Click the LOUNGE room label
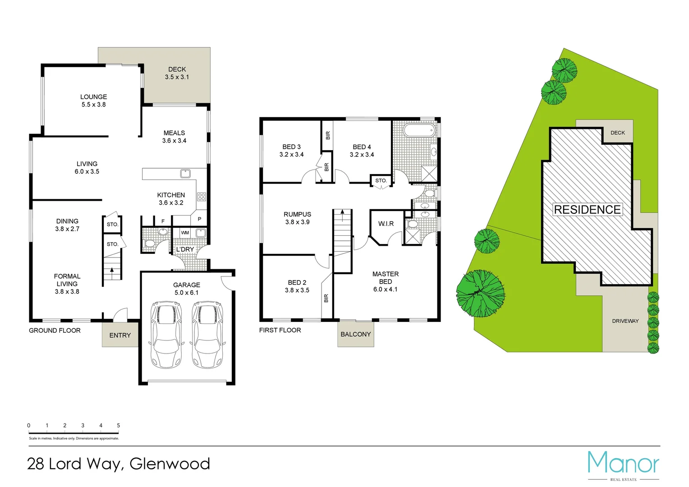pyautogui.click(x=93, y=97)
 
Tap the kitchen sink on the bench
pyautogui.click(x=185, y=173)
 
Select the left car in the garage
pyautogui.click(x=166, y=334)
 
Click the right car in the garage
pyautogui.click(x=207, y=334)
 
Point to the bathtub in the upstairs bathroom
pyautogui.click(x=419, y=131)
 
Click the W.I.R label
pyautogui.click(x=386, y=224)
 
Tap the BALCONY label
pyautogui.click(x=356, y=334)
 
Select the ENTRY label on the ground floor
pyautogui.click(x=120, y=335)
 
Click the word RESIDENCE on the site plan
pyautogui.click(x=587, y=210)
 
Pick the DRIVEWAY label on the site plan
pyautogui.click(x=625, y=321)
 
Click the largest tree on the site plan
pyautogui.click(x=480, y=294)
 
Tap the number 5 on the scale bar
pyautogui.click(x=119, y=425)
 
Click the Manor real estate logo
pyautogui.click(x=623, y=464)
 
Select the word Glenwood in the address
pyautogui.click(x=170, y=464)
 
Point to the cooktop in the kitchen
pyautogui.click(x=202, y=197)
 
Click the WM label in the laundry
pyautogui.click(x=185, y=233)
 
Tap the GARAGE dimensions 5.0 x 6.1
pyautogui.click(x=187, y=293)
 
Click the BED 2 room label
pyautogui.click(x=297, y=283)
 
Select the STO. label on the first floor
pyautogui.click(x=381, y=181)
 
